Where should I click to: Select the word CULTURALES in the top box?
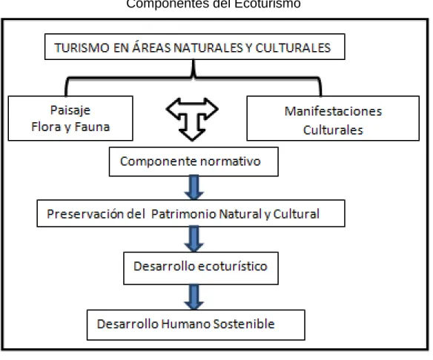point(293,48)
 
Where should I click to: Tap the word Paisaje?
point(70,110)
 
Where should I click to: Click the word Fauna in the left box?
point(92,127)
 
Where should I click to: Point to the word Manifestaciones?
point(334,111)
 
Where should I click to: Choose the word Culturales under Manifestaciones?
point(333,130)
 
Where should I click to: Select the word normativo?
point(231,161)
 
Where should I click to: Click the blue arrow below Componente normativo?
point(194,187)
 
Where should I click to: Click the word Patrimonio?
point(184,214)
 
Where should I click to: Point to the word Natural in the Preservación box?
point(240,214)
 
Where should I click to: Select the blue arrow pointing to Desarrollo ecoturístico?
point(194,239)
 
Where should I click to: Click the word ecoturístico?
point(233,267)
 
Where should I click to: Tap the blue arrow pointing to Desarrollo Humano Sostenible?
point(194,297)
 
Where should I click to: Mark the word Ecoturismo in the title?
point(268,4)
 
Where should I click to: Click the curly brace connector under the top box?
point(194,78)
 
